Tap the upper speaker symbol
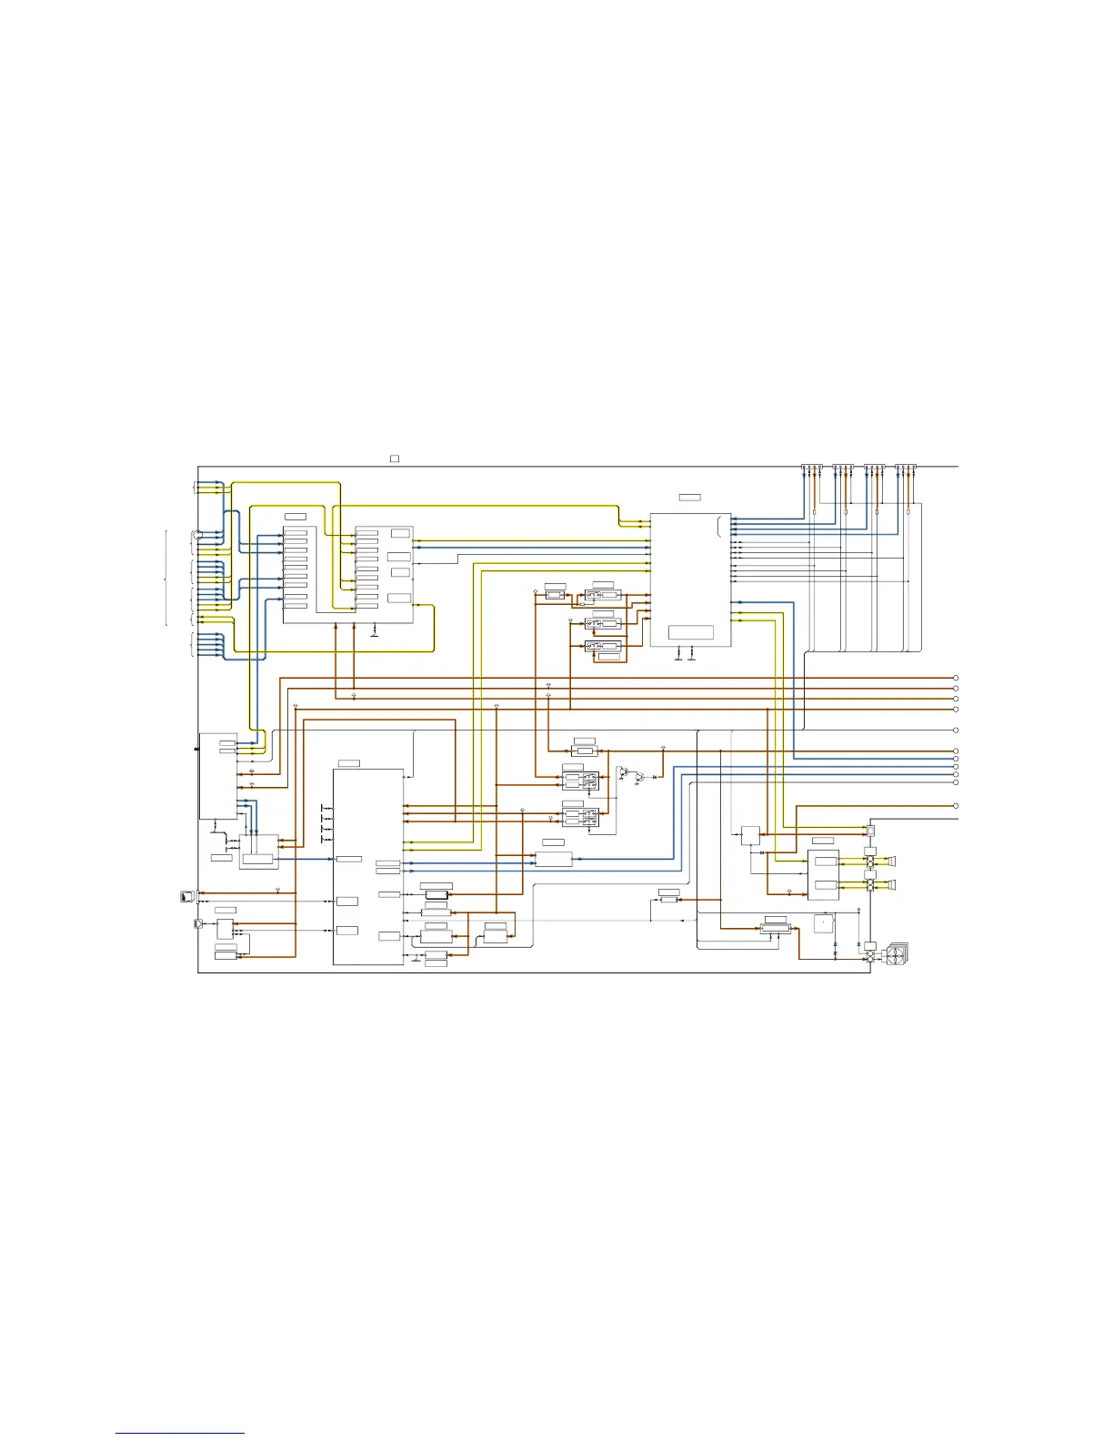892,861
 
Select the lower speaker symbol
892,884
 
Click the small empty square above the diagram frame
395,458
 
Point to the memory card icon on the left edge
187,896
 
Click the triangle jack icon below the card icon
199,924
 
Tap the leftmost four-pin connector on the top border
812,468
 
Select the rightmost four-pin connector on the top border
907,468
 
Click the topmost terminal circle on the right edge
956,678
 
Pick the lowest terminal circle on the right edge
956,806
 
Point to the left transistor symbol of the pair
623,773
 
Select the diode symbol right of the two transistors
655,777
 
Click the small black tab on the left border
196,749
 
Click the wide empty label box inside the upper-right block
690,632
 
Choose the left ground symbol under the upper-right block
679,653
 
